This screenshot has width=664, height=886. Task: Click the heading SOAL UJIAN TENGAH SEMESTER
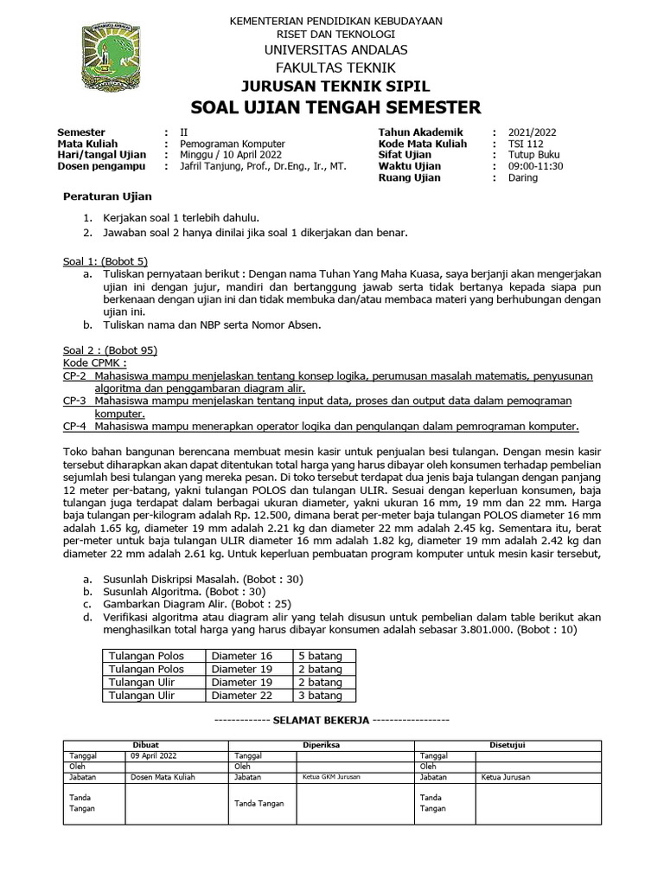click(x=335, y=107)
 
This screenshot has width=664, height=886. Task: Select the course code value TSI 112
click(x=527, y=144)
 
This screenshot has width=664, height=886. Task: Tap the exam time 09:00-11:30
click(x=536, y=166)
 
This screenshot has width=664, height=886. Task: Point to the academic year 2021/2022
click(x=533, y=132)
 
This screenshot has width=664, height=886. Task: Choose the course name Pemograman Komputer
click(x=232, y=144)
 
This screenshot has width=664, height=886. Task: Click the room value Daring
click(x=523, y=177)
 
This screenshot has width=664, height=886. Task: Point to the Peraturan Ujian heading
click(x=107, y=197)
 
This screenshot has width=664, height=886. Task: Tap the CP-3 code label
click(x=75, y=401)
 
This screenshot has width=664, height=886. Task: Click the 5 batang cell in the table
click(x=319, y=656)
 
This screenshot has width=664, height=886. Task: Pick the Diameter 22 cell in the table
click(x=242, y=695)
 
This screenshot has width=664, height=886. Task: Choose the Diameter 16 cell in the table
click(x=242, y=656)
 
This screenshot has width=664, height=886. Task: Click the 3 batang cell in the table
click(x=319, y=695)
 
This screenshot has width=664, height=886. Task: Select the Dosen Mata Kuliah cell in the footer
click(x=163, y=777)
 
